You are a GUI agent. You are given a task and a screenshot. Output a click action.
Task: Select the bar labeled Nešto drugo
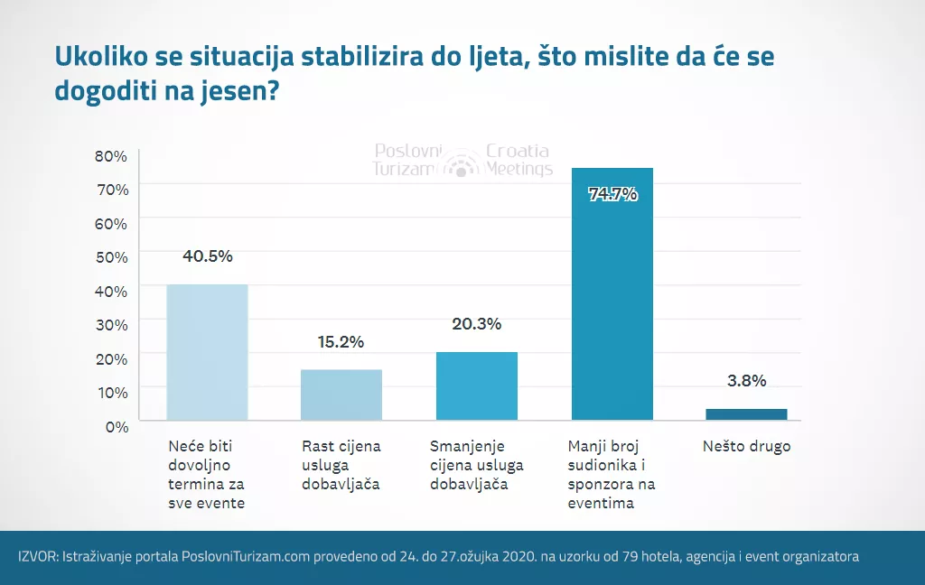746,414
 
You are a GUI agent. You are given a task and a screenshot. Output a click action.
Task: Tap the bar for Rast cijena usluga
341,395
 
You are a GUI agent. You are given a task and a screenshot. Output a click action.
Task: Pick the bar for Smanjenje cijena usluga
476,385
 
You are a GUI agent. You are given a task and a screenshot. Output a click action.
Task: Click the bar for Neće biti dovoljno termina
207,352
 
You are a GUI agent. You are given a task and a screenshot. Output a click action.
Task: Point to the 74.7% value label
612,193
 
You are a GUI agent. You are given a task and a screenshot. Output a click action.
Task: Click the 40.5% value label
207,255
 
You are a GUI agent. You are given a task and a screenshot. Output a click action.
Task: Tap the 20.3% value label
476,324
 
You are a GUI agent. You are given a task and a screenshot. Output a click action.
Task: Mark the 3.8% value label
746,380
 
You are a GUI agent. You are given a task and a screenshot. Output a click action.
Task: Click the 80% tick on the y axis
111,155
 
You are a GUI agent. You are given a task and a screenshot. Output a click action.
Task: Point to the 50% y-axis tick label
111,256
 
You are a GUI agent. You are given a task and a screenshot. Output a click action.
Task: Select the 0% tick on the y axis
116,426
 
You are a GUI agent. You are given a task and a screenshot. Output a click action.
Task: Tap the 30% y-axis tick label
111,324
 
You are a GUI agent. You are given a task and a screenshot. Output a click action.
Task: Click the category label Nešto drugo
746,447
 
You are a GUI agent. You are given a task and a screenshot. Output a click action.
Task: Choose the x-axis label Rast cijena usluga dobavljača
341,465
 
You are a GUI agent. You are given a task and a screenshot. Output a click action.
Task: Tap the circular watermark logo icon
462,162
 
